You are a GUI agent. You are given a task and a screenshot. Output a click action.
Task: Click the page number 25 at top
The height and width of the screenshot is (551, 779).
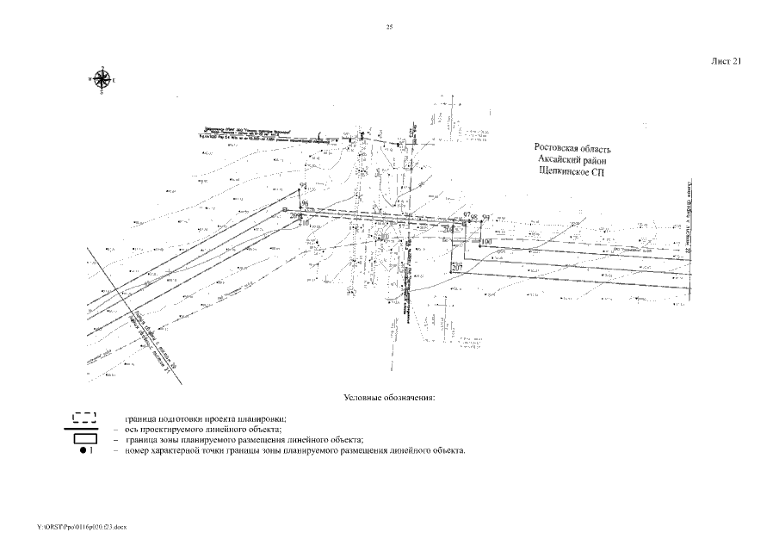coord(389,28)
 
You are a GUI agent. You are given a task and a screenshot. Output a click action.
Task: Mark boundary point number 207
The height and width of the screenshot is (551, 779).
coord(456,269)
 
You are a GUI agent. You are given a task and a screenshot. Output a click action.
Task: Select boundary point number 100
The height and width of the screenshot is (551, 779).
coord(485,243)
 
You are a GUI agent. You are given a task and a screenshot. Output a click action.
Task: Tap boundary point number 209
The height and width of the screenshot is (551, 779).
coord(297,216)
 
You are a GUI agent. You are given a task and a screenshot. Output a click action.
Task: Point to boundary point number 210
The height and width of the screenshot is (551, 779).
coord(303,223)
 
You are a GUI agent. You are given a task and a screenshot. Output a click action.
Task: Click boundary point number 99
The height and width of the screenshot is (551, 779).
coord(485,217)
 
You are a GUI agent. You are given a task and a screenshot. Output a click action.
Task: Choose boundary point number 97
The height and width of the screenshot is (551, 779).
coord(467,214)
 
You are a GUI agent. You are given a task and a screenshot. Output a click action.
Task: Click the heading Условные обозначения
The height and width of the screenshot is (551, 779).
coord(389,398)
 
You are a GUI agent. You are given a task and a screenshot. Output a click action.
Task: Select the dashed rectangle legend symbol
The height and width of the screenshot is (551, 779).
coord(85,418)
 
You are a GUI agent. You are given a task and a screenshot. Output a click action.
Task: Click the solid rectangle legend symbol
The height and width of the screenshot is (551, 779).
coord(85,439)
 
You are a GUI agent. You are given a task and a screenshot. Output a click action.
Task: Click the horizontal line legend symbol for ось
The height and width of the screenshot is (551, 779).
coord(85,428)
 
